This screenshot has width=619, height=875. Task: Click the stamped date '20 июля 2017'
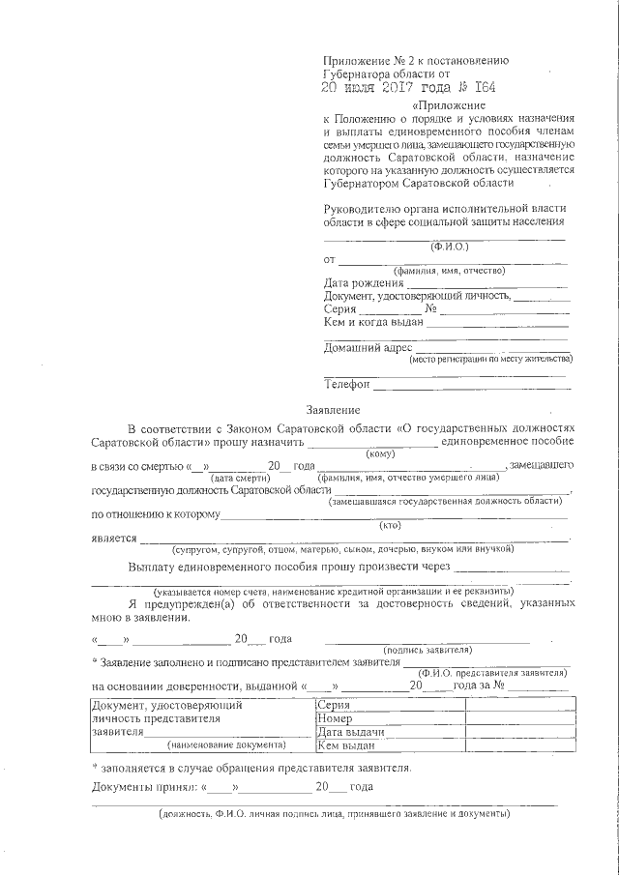point(379,88)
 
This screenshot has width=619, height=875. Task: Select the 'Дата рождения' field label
point(363,283)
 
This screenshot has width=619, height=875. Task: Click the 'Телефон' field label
point(347,385)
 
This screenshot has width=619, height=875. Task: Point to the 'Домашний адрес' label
point(368,348)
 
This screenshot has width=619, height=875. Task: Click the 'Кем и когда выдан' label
point(373,322)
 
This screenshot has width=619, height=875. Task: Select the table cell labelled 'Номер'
point(335,719)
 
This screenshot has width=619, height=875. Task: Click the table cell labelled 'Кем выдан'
point(345,746)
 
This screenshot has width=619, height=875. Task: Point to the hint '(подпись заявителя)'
point(427,650)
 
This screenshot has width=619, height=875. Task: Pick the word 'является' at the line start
point(113,538)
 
